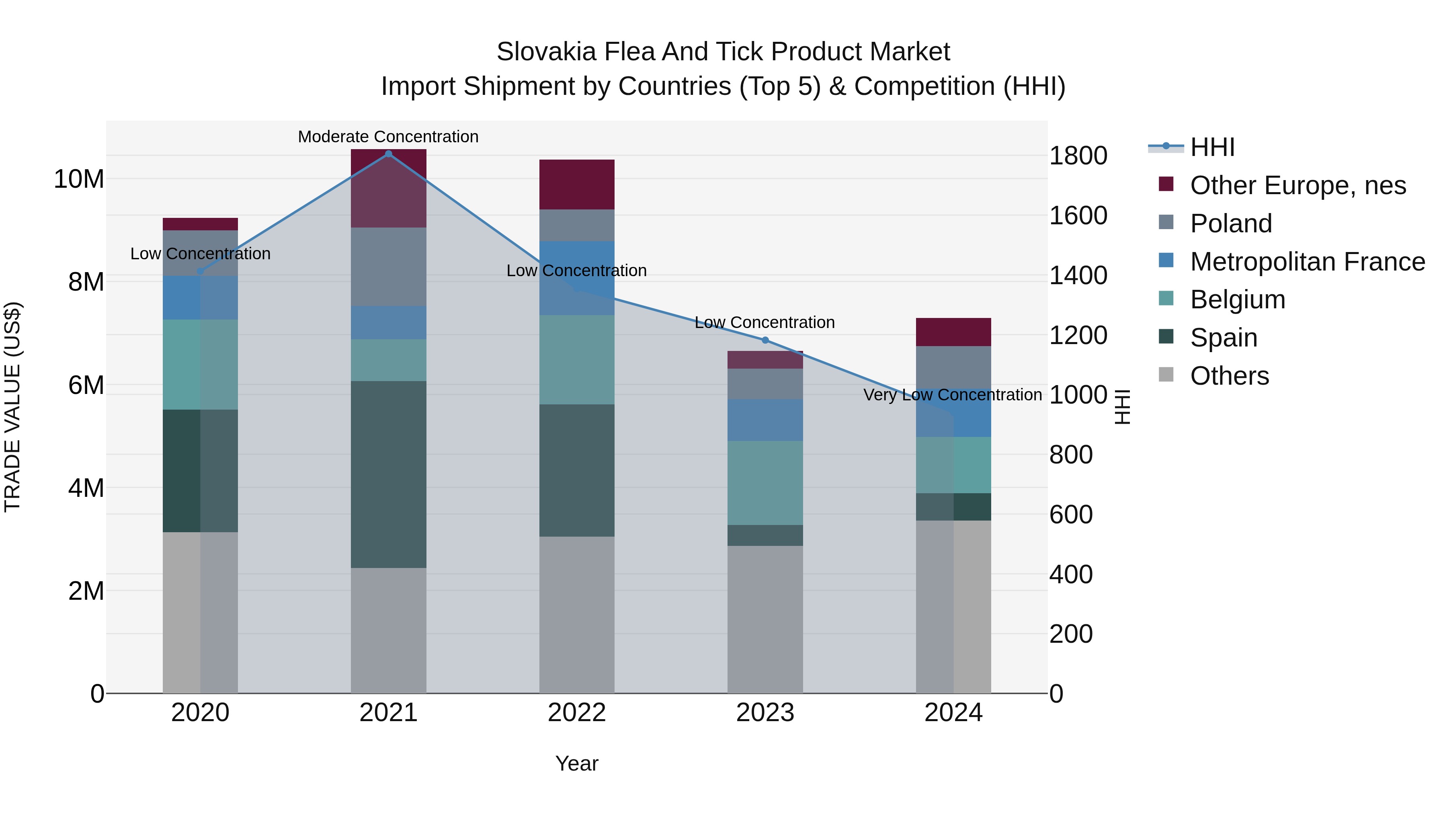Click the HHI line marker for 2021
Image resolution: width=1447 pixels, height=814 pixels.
388,154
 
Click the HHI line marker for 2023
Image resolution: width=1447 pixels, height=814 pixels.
764,340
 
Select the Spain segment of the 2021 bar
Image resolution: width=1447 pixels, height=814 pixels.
388,474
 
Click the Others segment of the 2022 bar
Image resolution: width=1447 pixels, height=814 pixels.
576,615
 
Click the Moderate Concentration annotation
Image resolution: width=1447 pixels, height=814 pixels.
388,137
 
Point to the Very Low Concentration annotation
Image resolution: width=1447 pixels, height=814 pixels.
952,395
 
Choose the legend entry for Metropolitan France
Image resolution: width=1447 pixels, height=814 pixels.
1307,262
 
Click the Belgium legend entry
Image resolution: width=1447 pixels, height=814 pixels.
1238,299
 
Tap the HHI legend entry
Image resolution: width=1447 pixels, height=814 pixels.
1212,147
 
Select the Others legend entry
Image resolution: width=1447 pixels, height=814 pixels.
1229,376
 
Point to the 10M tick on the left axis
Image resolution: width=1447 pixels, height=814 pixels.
79,179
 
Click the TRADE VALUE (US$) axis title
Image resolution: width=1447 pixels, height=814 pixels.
13,407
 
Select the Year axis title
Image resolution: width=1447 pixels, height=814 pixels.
576,763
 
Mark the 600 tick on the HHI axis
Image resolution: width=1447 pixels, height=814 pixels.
1071,515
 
